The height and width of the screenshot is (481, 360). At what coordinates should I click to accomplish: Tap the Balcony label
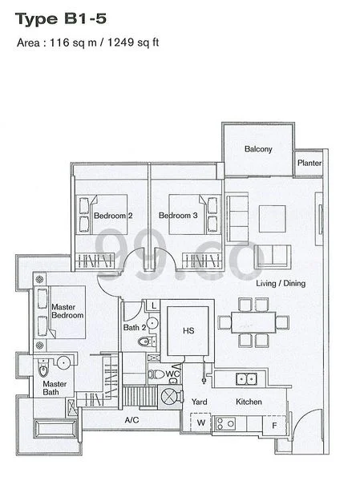point(258,149)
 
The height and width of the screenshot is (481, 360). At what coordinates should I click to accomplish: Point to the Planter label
point(309,164)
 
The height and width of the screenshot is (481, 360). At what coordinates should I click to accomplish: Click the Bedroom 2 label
point(113,216)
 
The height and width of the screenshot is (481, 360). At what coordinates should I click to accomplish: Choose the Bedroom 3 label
point(178,216)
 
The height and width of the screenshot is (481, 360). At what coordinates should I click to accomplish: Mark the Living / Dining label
point(280,284)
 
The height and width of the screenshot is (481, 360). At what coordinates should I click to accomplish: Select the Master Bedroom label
point(68,311)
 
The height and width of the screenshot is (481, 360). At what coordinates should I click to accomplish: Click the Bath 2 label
point(136,327)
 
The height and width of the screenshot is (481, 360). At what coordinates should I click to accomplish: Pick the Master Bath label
point(55,389)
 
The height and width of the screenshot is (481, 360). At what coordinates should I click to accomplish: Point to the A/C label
point(131,419)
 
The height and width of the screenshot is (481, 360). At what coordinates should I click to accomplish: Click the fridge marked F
point(275,423)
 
